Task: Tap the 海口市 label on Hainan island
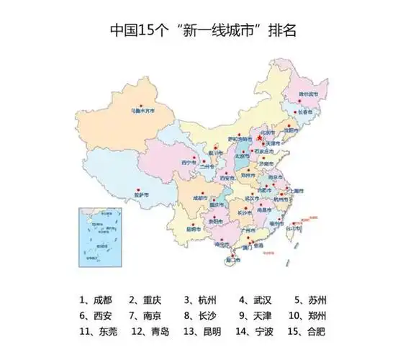233,258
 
